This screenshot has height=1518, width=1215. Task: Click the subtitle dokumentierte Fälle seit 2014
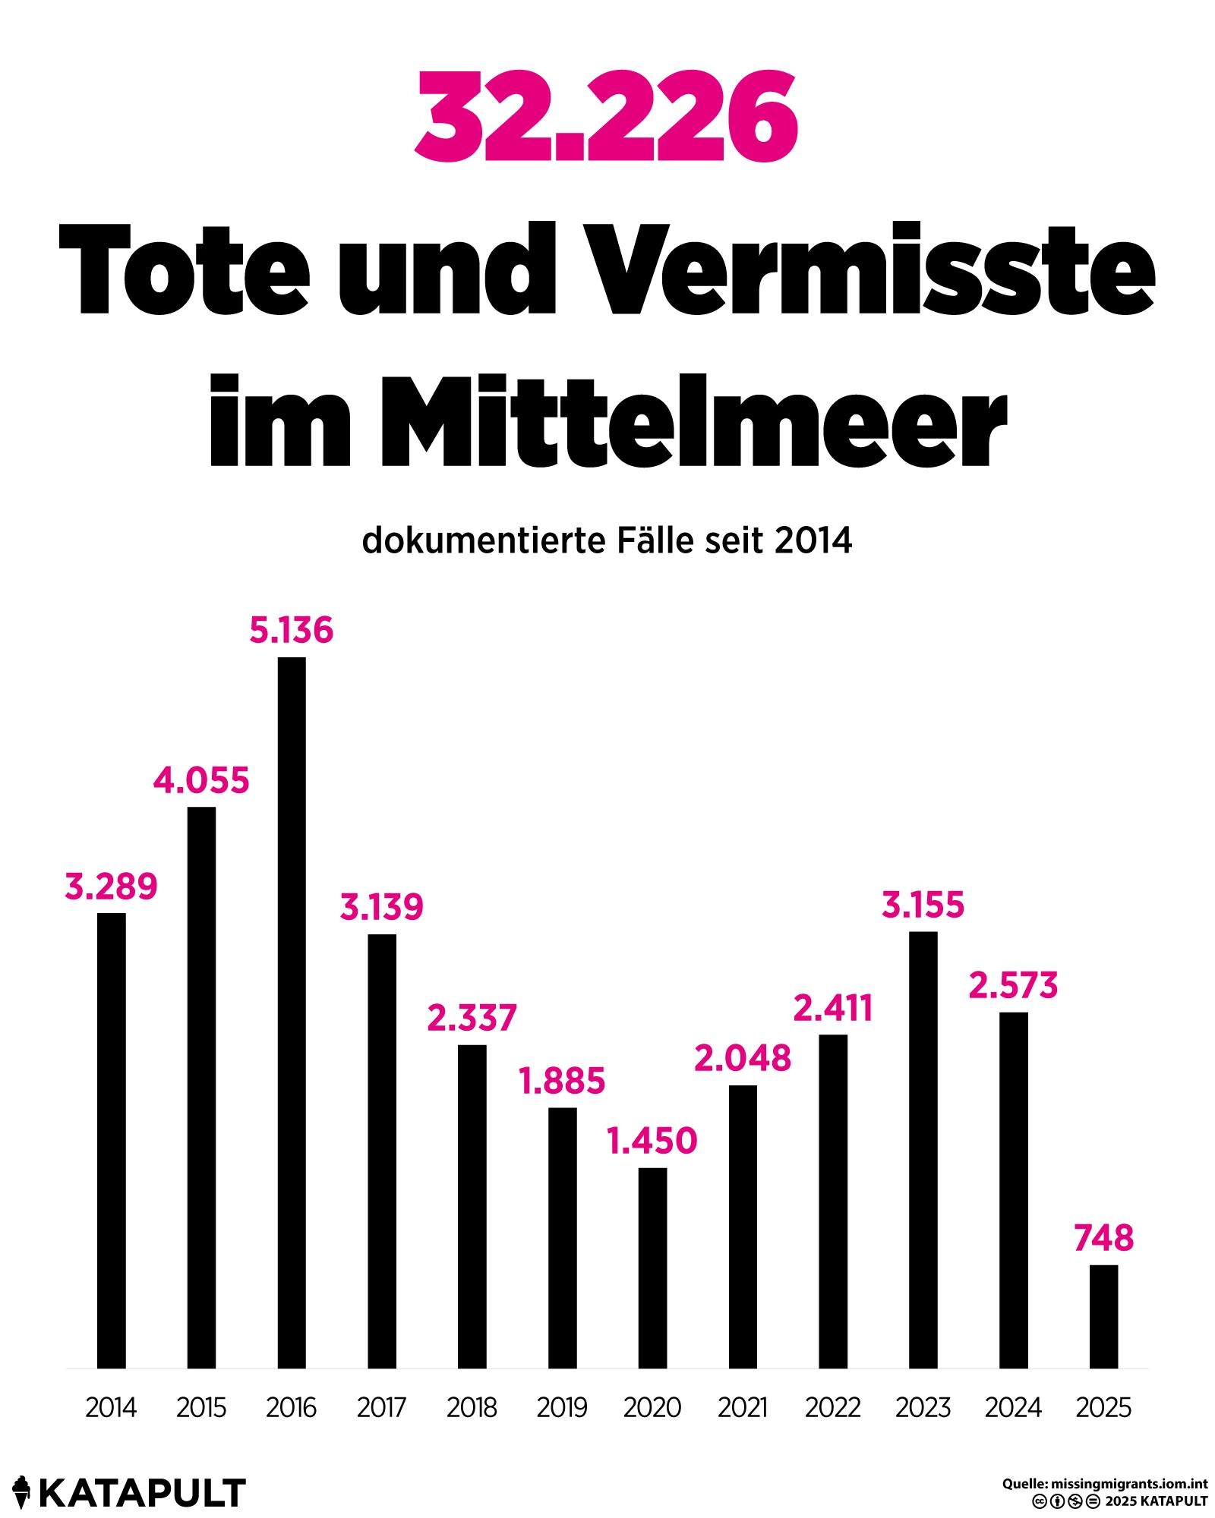607,541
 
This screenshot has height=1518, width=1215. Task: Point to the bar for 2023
923,1150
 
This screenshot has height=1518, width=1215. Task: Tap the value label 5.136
292,631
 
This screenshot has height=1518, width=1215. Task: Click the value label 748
1103,1238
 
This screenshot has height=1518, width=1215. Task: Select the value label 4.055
201,781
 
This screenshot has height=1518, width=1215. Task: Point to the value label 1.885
562,1082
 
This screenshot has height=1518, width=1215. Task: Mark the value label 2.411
833,1009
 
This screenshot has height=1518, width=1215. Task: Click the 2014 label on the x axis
111,1408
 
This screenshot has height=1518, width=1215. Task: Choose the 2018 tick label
472,1408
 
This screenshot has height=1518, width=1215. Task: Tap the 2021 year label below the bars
743,1408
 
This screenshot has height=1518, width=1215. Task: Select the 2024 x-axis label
1013,1408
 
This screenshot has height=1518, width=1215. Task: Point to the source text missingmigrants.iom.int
1126,1484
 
